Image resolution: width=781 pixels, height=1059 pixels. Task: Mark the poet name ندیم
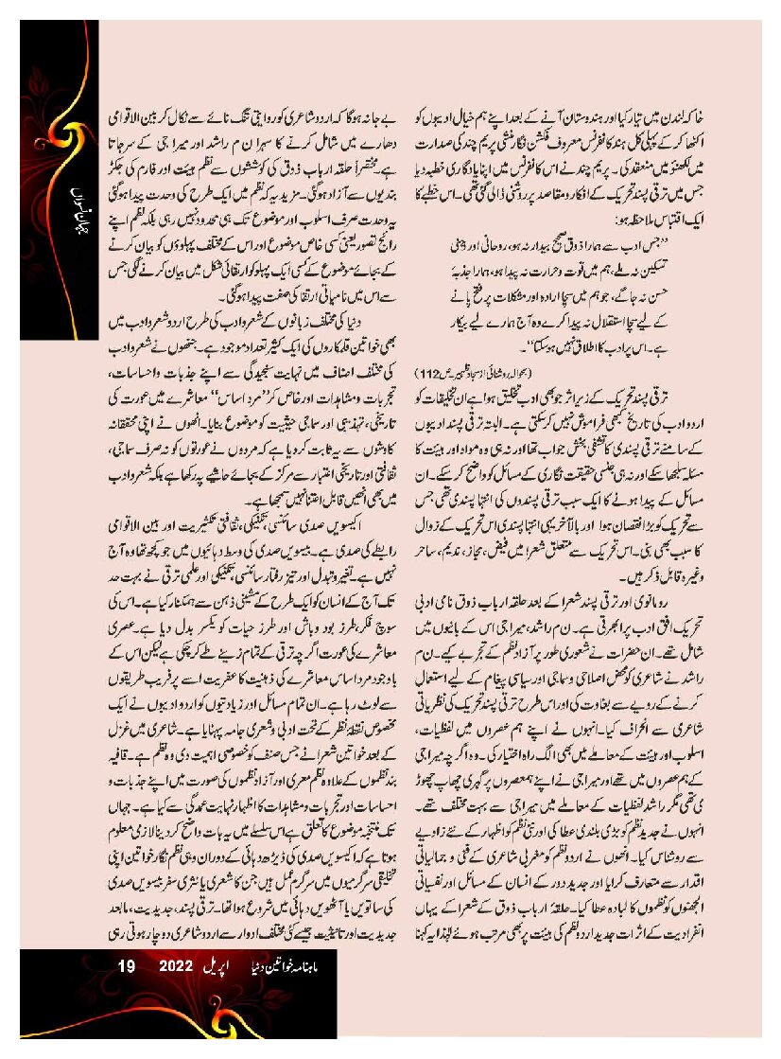click(466, 550)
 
